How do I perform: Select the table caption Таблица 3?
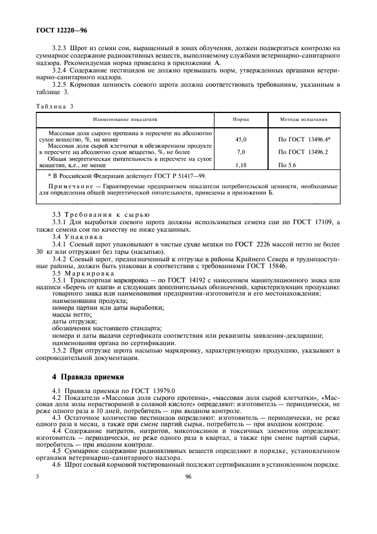pyautogui.click(x=54, y=107)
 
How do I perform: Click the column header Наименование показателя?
pyautogui.click(x=125, y=120)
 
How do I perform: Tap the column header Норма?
pyautogui.click(x=241, y=120)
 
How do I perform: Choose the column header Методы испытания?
pyautogui.click(x=303, y=120)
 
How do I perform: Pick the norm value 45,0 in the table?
pyautogui.click(x=241, y=139)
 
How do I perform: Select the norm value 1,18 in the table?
pyautogui.click(x=241, y=165)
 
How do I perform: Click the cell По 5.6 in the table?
pyautogui.click(x=288, y=165)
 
